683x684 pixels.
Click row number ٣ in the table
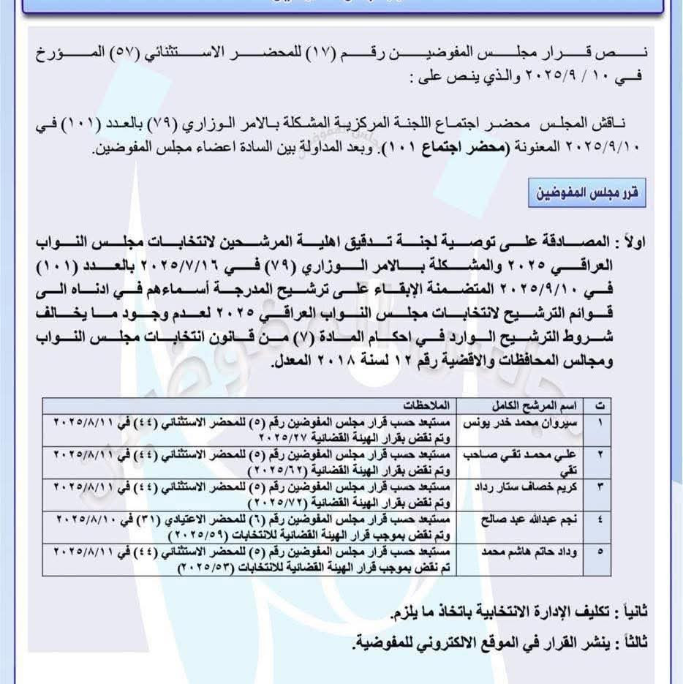(x=600, y=486)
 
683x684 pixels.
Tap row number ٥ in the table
(x=600, y=551)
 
